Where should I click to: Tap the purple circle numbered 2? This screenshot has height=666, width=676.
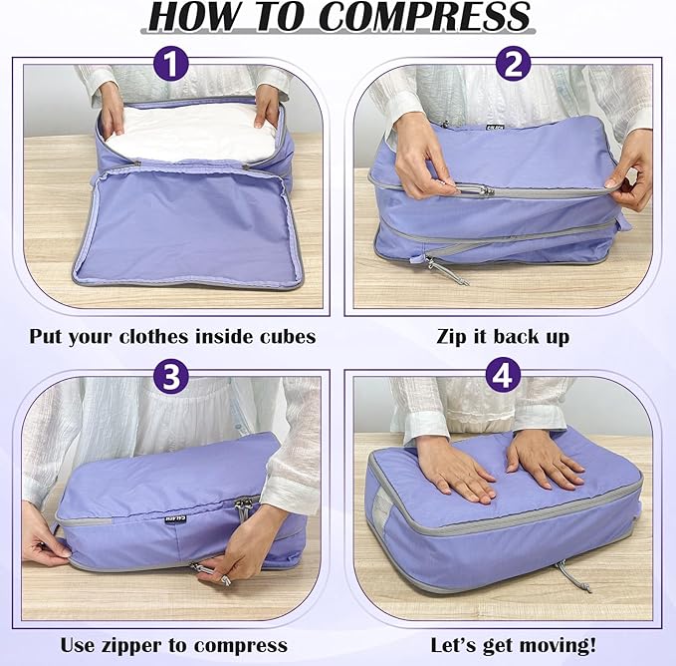513,66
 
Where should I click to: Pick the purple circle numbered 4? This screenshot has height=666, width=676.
500,377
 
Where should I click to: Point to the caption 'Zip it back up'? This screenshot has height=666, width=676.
503,336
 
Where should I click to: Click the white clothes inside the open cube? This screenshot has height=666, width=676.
189,133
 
